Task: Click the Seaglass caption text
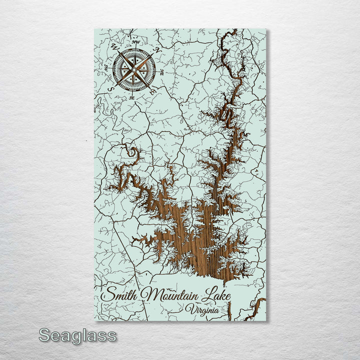[x=77, y=335]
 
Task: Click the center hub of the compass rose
[x=133, y=69]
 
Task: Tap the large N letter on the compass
[x=158, y=50]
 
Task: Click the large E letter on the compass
[x=153, y=93]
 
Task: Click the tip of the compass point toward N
[x=153, y=54]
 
